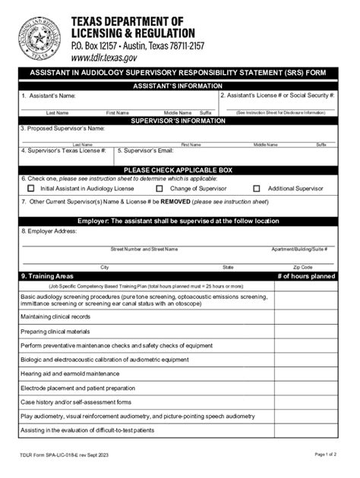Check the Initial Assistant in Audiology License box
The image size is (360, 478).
coord(31,187)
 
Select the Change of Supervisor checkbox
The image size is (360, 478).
coord(159,187)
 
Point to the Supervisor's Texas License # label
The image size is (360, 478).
coord(64,151)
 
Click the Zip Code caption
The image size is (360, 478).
coord(302,267)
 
